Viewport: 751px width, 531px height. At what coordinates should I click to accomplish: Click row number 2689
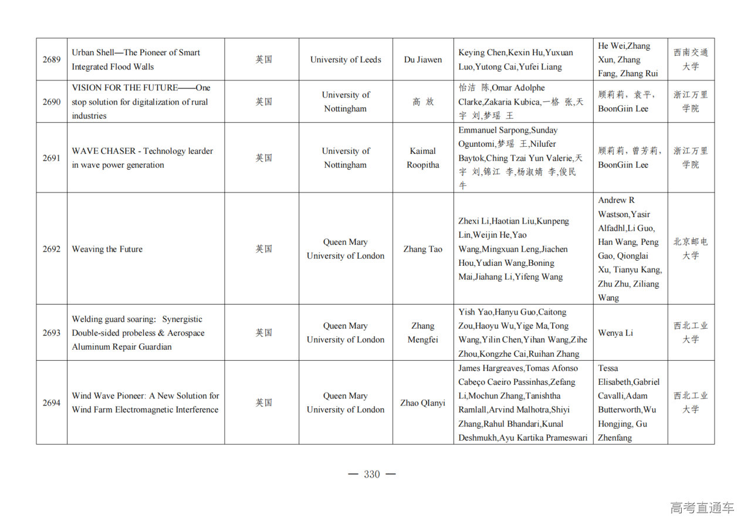[x=51, y=59]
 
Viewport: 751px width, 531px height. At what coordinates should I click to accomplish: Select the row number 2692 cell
[x=51, y=249]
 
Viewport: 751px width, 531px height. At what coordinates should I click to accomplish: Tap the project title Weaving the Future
[x=107, y=249]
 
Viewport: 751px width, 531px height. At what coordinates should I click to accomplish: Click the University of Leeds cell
[x=346, y=59]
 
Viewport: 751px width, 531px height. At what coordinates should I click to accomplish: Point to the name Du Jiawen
[x=422, y=59]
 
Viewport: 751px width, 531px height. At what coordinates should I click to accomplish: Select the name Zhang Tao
[x=422, y=249]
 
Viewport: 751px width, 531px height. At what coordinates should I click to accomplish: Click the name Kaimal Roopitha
[x=422, y=158]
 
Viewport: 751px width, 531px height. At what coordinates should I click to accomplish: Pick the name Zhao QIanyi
[x=422, y=403]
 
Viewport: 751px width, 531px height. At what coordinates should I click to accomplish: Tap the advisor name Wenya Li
[x=615, y=333]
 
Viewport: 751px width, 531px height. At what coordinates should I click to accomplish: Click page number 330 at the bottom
[x=372, y=474]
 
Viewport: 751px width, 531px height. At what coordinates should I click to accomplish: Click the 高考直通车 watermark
[x=702, y=508]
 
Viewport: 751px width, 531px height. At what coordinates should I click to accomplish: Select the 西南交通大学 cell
[x=691, y=59]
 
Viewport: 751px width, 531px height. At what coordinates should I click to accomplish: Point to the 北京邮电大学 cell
[x=691, y=249]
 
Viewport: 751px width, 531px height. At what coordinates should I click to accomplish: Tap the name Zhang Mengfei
[x=422, y=333]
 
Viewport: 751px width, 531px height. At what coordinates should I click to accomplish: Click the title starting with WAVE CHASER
[x=142, y=158]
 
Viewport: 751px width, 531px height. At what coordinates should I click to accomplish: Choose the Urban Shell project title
[x=136, y=59]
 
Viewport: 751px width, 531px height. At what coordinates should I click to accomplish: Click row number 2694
[x=51, y=403]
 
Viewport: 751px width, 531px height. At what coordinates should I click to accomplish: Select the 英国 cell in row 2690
[x=263, y=102]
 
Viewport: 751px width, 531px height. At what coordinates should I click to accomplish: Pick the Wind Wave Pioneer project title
[x=145, y=403]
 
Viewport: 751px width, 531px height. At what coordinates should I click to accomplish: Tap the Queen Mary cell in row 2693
[x=346, y=333]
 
